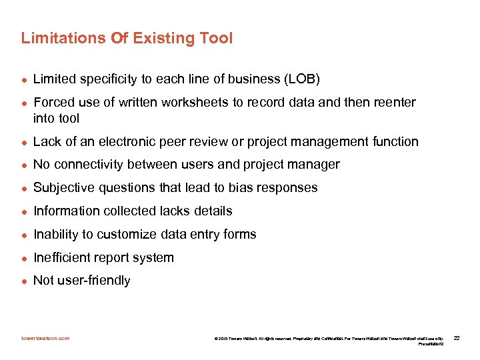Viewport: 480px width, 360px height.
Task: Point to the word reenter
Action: tap(393, 103)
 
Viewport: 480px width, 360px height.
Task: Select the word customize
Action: tap(125, 235)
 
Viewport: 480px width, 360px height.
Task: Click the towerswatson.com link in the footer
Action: tap(45, 338)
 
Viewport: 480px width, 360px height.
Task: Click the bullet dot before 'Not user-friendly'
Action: tap(24, 281)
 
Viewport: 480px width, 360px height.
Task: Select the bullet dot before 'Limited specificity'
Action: tap(24, 80)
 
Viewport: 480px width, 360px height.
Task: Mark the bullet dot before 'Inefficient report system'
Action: tap(24, 258)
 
